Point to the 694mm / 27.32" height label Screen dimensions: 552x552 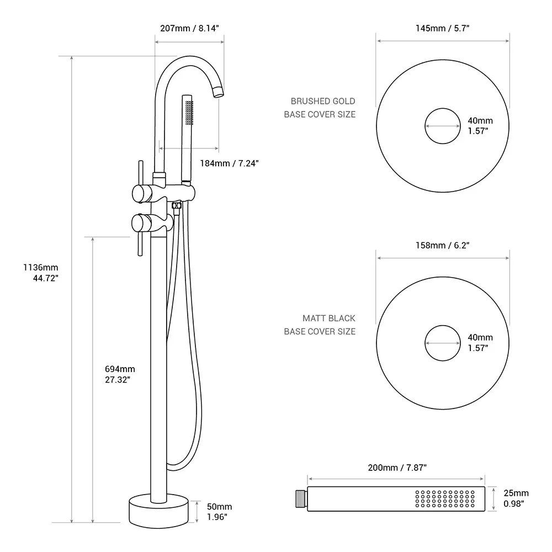tap(120, 374)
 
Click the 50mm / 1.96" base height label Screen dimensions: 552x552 tap(219, 512)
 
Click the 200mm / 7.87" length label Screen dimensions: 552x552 tap(397, 468)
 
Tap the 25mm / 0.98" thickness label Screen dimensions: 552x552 tap(516, 498)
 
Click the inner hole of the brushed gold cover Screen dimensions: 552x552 tap(443, 126)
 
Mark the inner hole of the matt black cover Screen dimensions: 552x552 tap(443, 343)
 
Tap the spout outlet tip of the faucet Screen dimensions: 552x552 tap(219, 92)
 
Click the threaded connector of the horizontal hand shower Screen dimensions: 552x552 tap(300, 498)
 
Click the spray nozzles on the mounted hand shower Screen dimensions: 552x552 tap(190, 112)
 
